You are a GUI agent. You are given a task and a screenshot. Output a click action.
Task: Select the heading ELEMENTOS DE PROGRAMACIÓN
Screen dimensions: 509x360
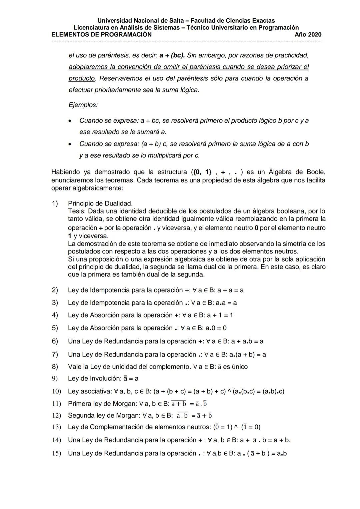coord(101,35)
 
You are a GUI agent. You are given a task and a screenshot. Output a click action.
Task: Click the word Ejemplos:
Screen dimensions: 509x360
coord(83,105)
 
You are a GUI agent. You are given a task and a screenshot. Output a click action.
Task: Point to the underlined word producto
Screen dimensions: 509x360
coord(82,78)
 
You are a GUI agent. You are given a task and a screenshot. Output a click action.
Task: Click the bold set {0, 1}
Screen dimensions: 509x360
coord(202,172)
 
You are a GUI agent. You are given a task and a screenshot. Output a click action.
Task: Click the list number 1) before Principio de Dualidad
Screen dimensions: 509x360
coord(55,203)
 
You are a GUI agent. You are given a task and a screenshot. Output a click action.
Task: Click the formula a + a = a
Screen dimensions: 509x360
coord(230,290)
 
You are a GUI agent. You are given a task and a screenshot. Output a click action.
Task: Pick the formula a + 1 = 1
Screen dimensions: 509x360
coord(220,315)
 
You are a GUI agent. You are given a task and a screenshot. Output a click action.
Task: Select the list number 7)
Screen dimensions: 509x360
coord(55,354)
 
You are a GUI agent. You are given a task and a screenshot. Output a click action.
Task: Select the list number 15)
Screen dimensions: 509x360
coord(56,453)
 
